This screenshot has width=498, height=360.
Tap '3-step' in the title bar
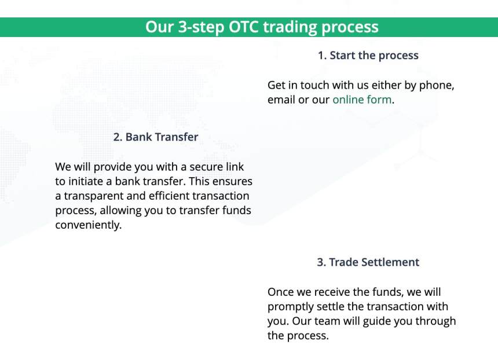[201, 27]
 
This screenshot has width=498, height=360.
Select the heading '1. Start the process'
[368, 56]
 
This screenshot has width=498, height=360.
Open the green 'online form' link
[362, 100]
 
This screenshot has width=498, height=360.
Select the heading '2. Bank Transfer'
[156, 137]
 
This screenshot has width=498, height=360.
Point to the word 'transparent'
[94, 196]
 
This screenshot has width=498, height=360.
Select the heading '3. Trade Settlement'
[368, 262]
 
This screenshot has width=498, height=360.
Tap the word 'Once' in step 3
[280, 292]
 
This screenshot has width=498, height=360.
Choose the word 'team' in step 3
[327, 321]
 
